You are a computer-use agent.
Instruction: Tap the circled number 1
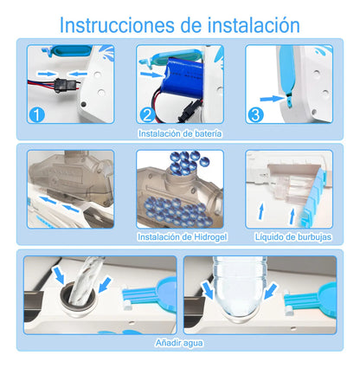[x=35, y=113]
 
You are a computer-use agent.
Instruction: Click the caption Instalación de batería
[x=179, y=134]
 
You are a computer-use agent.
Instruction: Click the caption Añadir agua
[x=179, y=342]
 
